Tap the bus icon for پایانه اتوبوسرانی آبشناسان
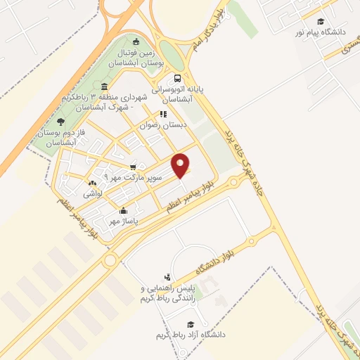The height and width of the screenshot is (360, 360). [177, 79]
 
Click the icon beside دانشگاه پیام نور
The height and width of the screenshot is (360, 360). [321, 21]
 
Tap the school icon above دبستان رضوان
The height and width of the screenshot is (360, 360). [163, 113]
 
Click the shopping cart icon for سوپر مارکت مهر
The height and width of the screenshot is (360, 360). [133, 167]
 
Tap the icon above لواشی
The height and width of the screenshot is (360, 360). [93, 183]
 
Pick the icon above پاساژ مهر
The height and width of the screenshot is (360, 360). [124, 210]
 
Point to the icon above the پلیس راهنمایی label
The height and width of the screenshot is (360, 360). [167, 278]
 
